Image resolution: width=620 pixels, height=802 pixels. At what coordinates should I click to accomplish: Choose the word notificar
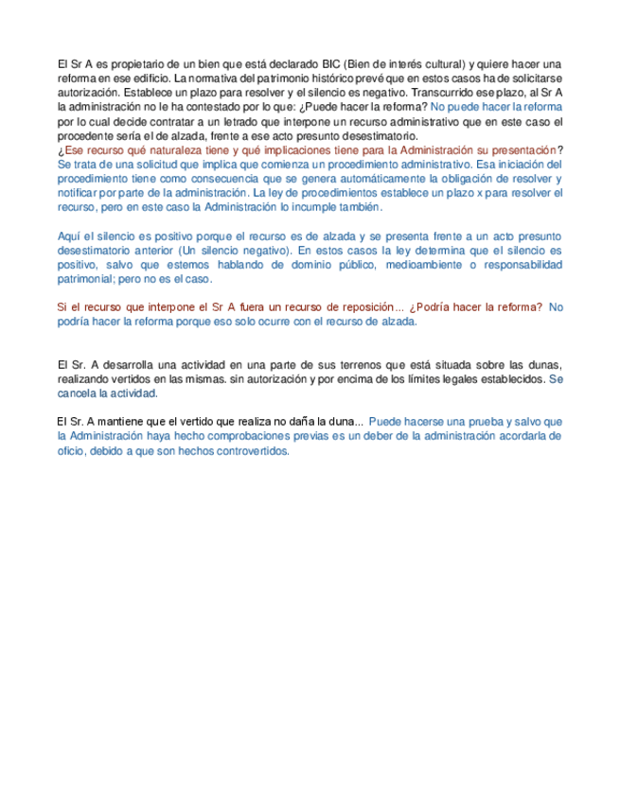[x=80, y=193]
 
